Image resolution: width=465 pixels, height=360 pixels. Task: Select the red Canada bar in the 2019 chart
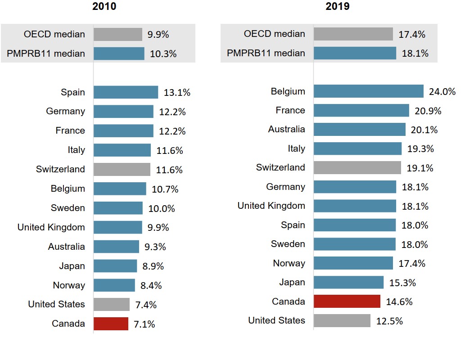point(347,301)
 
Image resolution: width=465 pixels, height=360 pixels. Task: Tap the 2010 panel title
point(104,7)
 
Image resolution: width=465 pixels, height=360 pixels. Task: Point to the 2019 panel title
point(338,7)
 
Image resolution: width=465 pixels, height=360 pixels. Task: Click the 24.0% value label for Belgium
point(442,92)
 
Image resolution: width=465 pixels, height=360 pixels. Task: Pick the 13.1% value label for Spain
point(177,93)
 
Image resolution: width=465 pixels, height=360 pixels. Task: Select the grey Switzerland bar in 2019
point(357,168)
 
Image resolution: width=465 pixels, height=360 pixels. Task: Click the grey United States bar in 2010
point(111,305)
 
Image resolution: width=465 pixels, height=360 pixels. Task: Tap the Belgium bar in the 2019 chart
point(368,91)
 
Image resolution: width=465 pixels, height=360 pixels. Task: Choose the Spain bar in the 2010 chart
point(126,92)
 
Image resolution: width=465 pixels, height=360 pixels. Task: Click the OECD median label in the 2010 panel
point(54,34)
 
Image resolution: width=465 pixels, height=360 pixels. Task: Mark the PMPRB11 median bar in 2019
point(355,53)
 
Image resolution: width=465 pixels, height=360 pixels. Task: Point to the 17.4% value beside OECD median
point(412,34)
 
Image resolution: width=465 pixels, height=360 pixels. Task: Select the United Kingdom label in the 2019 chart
point(271,206)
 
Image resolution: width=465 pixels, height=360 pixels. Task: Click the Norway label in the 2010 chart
point(69,285)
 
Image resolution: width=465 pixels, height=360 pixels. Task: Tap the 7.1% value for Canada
point(144,324)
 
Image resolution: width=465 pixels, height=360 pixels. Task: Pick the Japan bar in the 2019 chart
point(348,283)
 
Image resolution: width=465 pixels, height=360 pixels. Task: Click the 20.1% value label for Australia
point(424,130)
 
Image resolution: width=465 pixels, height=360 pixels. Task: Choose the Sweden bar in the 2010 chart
point(118,208)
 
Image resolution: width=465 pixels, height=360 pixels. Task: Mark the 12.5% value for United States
point(389,321)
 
